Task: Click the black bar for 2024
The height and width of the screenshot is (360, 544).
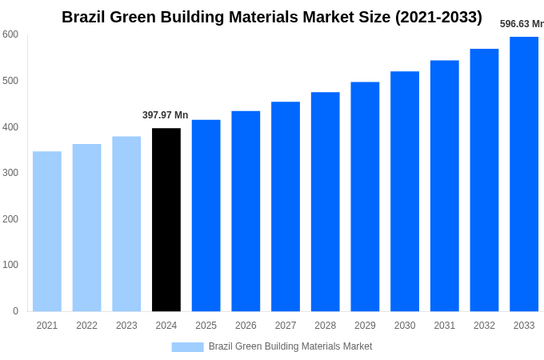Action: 166,219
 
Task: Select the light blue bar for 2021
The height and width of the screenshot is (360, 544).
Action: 47,231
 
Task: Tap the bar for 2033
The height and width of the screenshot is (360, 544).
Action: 524,174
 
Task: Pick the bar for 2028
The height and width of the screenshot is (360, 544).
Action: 325,202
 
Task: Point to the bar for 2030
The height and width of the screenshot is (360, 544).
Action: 405,191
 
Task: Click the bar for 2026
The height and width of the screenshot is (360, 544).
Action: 246,210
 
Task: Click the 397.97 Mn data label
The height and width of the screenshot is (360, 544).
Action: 165,115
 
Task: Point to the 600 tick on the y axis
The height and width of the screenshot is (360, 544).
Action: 10,34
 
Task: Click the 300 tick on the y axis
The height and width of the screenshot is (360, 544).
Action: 10,173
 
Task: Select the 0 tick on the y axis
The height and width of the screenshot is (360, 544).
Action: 15,311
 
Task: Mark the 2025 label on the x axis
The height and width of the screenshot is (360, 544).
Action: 206,326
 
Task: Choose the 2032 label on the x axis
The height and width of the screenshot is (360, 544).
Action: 484,326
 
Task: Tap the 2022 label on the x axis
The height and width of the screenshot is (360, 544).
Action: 86,326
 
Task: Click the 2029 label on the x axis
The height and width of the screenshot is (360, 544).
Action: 365,326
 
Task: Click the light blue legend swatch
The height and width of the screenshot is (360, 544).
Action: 187,346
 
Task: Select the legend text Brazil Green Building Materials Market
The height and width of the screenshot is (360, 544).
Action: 290,346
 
